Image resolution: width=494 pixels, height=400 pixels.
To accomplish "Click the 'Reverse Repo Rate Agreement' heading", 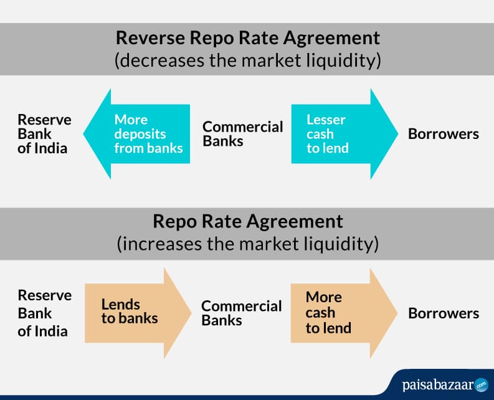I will [247, 38].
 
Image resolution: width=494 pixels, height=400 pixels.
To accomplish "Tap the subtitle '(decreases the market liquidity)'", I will [247, 61].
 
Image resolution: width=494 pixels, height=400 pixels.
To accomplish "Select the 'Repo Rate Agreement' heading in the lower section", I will [247, 221].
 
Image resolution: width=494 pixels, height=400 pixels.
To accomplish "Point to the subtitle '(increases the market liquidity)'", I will [247, 244].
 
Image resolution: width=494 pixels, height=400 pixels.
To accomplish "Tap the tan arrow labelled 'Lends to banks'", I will [134, 312].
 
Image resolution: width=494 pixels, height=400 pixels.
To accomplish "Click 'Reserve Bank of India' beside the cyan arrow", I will [44, 134].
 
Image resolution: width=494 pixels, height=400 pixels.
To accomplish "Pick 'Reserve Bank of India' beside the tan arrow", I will [44, 312].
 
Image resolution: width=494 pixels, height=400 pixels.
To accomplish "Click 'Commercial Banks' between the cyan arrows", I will [242, 134].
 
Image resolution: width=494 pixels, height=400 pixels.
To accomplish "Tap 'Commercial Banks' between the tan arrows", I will [241, 313].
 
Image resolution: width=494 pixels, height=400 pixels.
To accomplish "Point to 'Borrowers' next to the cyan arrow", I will [443, 134].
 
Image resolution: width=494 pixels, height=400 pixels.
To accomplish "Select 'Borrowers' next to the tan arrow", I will [443, 313].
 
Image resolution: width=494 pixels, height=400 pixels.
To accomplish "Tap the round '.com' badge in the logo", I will [481, 384].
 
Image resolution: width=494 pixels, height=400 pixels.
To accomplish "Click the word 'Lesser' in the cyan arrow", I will [325, 120].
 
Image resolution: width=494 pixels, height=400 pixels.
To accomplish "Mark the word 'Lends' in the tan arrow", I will [121, 305].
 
